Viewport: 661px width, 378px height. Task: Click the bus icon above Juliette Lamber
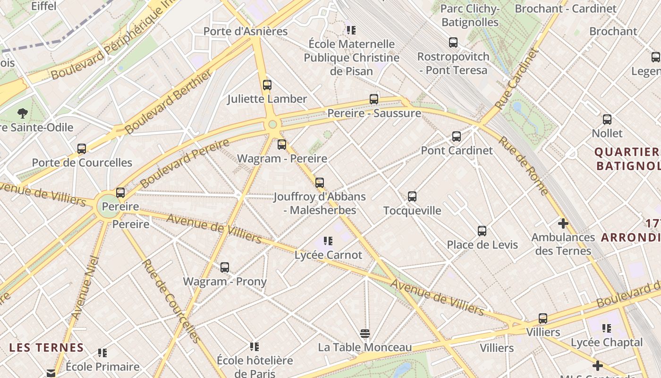267,85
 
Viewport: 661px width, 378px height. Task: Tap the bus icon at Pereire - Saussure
374,99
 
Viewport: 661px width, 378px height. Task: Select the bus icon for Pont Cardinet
457,137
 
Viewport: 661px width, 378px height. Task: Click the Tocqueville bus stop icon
412,197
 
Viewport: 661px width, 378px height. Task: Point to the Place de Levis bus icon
482,231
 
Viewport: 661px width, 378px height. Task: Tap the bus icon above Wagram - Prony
225,267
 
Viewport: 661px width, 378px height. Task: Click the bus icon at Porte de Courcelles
82,149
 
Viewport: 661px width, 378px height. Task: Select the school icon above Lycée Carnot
328,241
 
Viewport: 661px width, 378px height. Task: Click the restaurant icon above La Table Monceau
364,334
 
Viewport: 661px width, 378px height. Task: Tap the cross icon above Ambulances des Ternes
563,223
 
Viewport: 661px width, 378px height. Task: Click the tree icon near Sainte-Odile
22,113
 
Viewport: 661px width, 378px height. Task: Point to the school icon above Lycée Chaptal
607,328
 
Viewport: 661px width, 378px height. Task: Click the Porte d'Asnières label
246,31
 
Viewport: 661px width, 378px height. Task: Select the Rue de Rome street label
524,166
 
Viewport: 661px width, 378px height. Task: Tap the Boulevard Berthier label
169,101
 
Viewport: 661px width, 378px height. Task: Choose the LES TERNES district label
46,348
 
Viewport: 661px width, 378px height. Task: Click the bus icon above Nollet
607,120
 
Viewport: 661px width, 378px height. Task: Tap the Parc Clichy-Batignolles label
470,15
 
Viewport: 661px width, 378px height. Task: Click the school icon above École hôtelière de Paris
254,347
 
